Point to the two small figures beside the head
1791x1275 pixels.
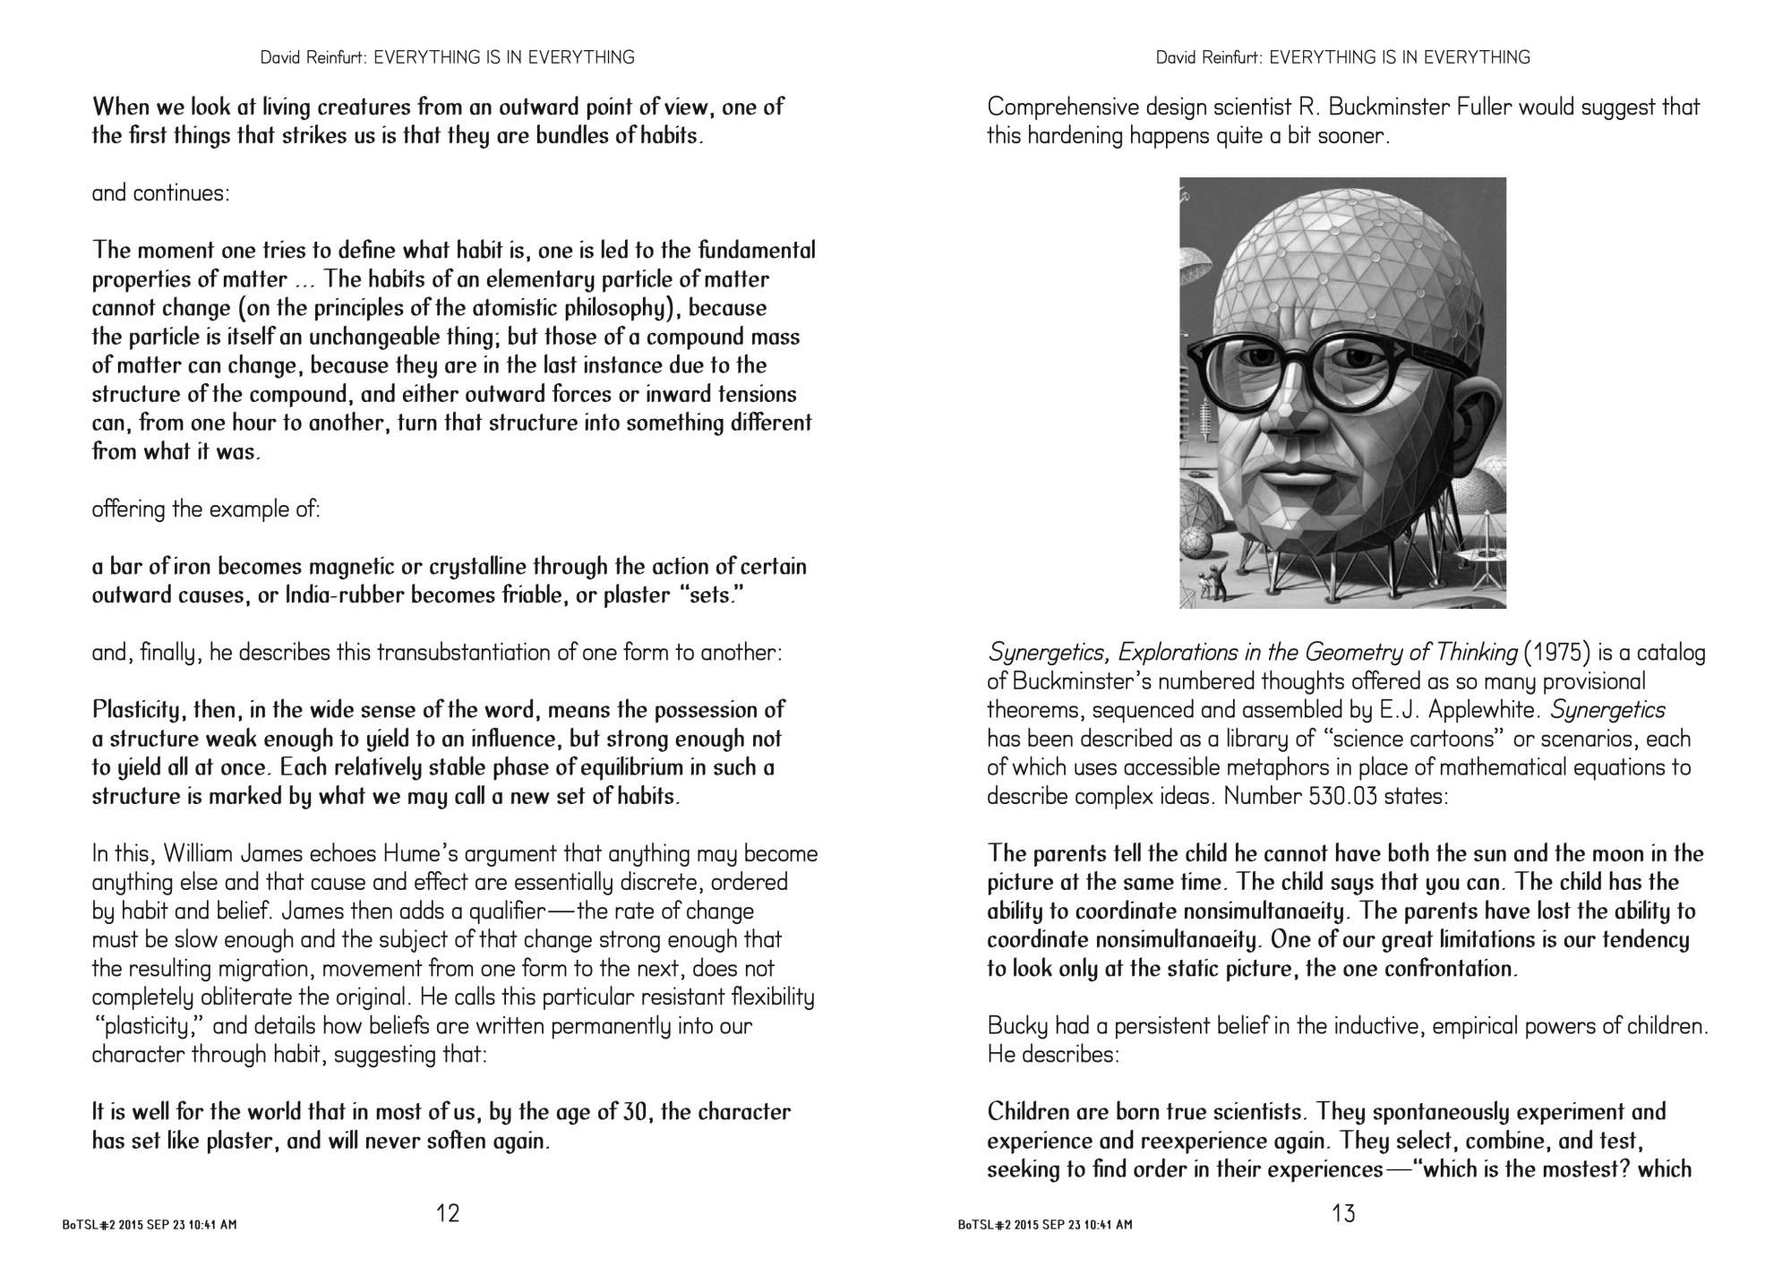coord(1204,586)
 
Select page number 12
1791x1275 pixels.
coord(448,1214)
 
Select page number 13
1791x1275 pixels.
coord(1343,1214)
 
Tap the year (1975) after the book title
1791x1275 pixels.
coord(1556,653)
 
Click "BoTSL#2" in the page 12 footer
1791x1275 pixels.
coord(85,1224)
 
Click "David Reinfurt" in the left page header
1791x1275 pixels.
coord(313,57)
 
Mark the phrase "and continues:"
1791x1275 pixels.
coord(161,193)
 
